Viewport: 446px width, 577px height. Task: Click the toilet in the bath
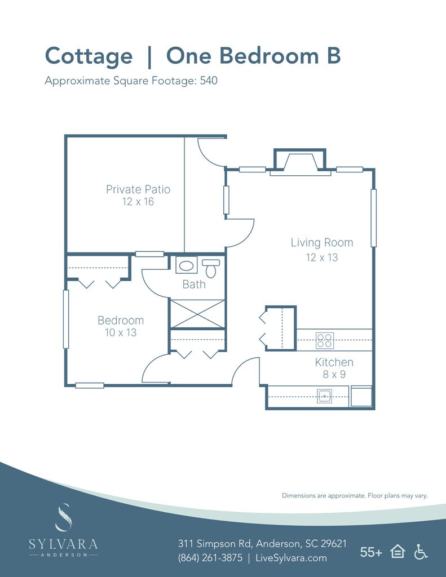211,268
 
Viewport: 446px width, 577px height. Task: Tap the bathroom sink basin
186,265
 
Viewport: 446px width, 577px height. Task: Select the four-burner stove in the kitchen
324,340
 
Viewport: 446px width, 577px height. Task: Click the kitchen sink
324,396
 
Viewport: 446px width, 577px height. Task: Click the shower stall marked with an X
198,314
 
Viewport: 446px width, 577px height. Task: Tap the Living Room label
322,242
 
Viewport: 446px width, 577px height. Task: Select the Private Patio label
138,189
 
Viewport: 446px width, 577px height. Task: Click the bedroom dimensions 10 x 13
121,332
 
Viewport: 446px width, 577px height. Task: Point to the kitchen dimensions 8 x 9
334,375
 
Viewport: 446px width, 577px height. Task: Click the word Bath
194,285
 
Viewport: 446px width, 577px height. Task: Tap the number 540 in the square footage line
209,81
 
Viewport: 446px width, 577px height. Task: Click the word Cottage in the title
89,56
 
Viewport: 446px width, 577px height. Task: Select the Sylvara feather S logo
63,517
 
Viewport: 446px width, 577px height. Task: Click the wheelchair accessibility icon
421,552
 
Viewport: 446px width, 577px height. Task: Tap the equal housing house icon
398,552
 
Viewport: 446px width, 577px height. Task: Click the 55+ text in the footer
371,552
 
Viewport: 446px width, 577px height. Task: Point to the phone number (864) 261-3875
210,558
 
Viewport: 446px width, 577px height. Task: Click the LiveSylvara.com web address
291,558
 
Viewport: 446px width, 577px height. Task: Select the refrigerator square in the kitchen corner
361,396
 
